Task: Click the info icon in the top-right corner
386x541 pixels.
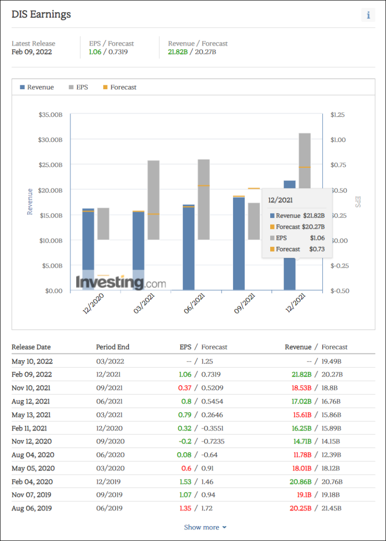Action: tap(368, 15)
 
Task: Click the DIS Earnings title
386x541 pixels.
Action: tap(41, 14)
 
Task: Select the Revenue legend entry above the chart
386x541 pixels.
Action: tap(37, 87)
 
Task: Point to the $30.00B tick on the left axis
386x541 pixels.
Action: tap(50, 139)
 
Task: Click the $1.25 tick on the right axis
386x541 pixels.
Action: tap(338, 115)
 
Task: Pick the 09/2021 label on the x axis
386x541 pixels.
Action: tap(245, 305)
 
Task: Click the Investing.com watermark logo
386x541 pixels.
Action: tap(121, 282)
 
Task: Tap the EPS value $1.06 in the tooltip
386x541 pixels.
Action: tap(317, 238)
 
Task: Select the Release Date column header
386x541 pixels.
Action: tap(31, 347)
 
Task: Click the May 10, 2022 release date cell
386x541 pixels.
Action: tap(32, 361)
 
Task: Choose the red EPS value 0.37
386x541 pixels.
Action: tap(184, 388)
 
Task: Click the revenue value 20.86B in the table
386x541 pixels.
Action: tap(302, 481)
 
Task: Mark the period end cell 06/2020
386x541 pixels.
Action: tap(110, 455)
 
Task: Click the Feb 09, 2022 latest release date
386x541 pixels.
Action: tap(32, 52)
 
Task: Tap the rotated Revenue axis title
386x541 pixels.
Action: tap(30, 202)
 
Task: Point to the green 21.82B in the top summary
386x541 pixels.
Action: tap(178, 52)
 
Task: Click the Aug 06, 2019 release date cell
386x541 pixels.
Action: tap(32, 508)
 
